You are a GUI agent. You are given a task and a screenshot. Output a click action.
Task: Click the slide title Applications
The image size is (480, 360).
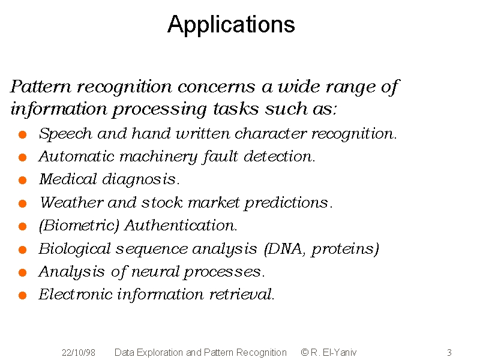231,25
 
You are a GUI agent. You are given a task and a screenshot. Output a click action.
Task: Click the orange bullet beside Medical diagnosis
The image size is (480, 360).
22,180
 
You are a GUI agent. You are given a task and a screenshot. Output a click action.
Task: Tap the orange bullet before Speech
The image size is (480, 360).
22,134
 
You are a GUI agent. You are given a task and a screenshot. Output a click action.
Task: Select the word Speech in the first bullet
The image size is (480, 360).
65,134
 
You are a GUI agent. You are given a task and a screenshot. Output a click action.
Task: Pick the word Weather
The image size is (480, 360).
71,202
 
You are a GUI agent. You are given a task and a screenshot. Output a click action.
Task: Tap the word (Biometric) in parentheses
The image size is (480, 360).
79,226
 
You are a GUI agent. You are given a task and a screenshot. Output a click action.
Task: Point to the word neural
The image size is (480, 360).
155,272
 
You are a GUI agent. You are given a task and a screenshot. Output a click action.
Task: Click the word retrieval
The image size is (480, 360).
242,295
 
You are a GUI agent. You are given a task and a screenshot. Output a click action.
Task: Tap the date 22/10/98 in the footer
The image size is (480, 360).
79,353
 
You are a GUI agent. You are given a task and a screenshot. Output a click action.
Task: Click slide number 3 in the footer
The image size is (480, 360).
449,353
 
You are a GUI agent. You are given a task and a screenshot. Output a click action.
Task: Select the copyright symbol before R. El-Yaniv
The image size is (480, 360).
305,352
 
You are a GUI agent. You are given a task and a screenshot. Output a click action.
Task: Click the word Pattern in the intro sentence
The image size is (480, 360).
41,86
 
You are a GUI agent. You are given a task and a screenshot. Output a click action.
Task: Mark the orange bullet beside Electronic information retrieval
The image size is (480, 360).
22,295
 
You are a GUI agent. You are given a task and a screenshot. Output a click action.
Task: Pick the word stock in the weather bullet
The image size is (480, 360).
161,203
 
